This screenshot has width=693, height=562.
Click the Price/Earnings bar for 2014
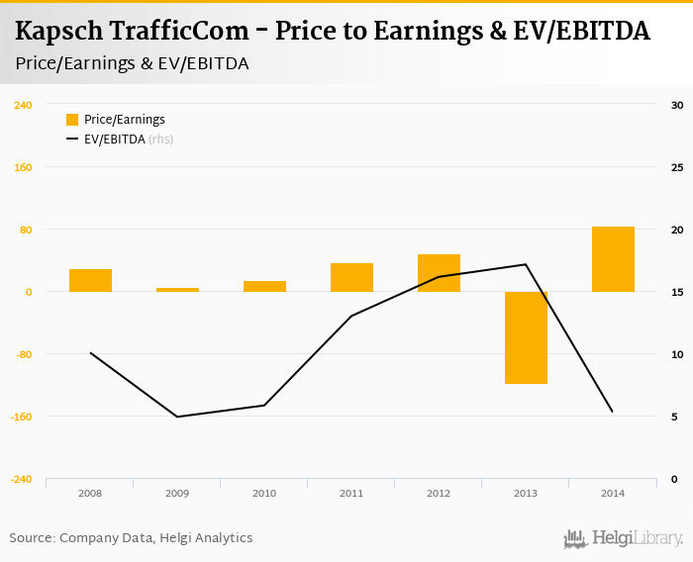point(613,259)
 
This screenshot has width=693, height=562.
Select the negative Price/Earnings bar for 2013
point(526,337)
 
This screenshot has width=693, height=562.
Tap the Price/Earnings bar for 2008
point(90,280)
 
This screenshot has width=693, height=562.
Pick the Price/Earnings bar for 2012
point(439,273)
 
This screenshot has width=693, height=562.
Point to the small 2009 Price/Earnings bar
point(177,290)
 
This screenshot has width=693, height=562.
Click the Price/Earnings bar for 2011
point(351,277)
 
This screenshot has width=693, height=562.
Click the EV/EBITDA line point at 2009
point(177,417)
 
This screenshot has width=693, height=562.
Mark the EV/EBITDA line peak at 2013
point(526,264)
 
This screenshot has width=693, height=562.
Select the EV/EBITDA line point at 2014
point(613,412)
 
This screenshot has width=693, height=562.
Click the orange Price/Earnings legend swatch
point(72,120)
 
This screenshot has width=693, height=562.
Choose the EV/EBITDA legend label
point(115,140)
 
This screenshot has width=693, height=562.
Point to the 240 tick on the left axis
point(23,105)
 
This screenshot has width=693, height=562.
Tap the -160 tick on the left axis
point(23,417)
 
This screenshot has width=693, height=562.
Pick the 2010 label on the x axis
point(264,493)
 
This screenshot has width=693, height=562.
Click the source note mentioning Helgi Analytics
point(131,538)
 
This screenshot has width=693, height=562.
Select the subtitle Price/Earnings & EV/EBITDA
point(132,63)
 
